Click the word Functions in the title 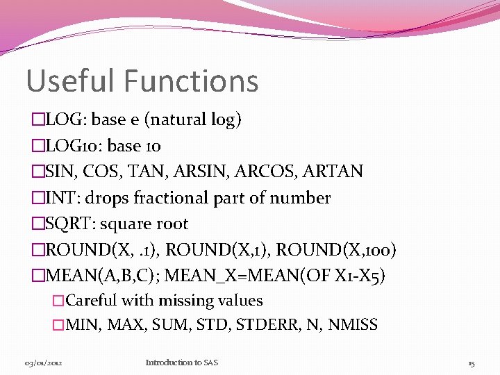click(192, 81)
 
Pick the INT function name click(58, 198)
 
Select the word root click(172, 224)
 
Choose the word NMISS click(353, 324)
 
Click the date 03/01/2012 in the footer click(44, 362)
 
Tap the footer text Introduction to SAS click(182, 362)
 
